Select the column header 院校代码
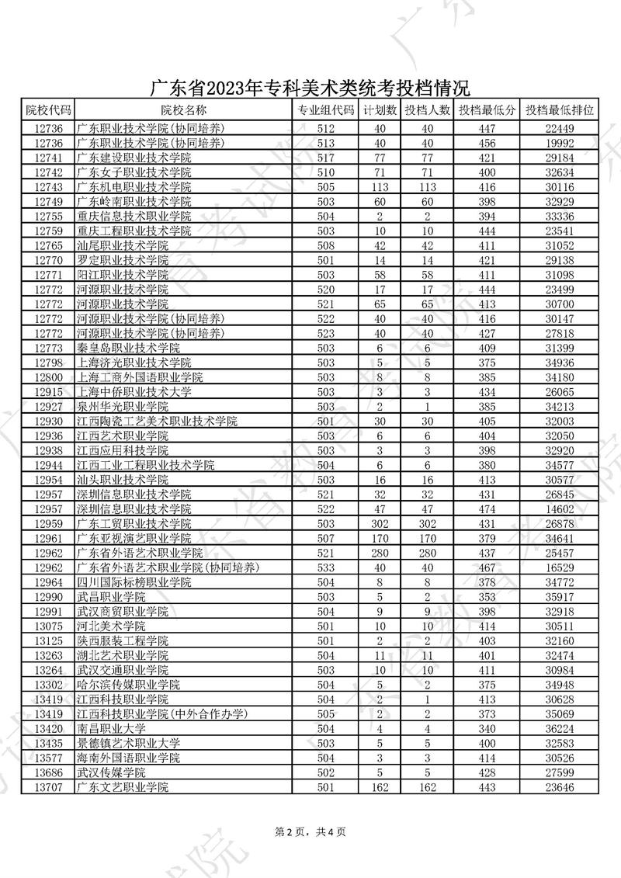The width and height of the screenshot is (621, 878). (48, 110)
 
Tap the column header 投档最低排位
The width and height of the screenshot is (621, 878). (559, 110)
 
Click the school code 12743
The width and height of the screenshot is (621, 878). (48, 187)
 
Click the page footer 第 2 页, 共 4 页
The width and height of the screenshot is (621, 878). (310, 831)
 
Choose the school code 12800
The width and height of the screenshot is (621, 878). (48, 377)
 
